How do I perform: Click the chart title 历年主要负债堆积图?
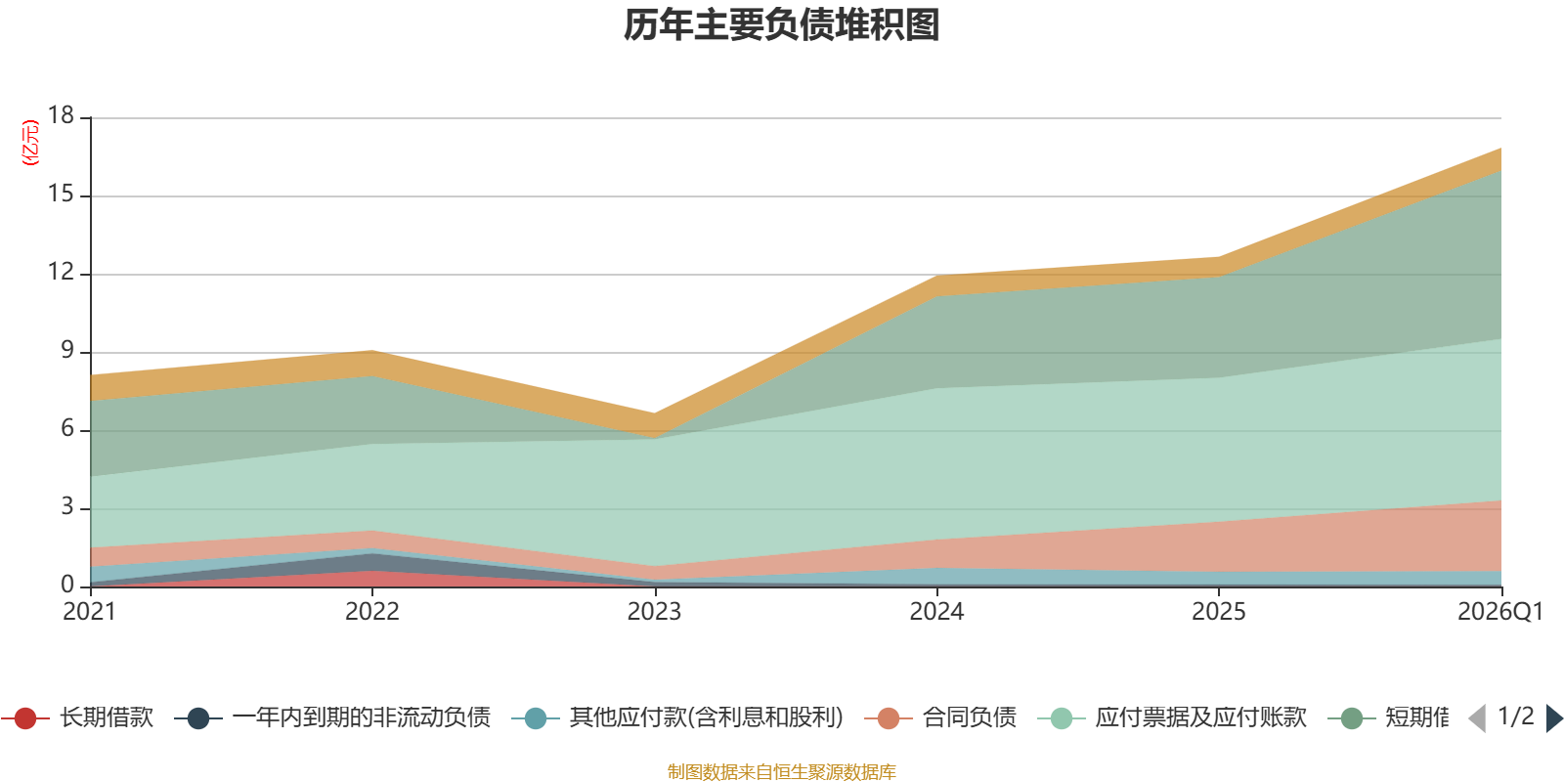pos(781,25)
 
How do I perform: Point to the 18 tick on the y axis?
pos(61,115)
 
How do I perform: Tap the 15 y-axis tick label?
pos(61,194)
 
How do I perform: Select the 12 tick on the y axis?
pos(61,272)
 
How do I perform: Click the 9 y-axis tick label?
pos(67,350)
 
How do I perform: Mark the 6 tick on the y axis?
pos(67,428)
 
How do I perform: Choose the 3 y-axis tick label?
pos(67,506)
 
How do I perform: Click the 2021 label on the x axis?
pos(89,612)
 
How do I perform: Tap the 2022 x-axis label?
pos(372,612)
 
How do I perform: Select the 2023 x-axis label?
pos(654,612)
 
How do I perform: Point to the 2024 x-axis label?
pos(936,612)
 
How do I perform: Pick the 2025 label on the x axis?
pos(1218,612)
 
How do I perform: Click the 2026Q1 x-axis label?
pos(1500,612)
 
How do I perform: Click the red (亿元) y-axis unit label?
pos(30,143)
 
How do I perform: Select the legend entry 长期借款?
pos(78,717)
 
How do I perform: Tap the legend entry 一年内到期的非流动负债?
pos(332,717)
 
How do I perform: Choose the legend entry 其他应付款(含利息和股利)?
pos(678,717)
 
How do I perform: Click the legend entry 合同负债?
pos(940,717)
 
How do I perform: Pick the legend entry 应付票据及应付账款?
pos(1172,717)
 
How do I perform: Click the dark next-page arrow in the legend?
pos(1553,717)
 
